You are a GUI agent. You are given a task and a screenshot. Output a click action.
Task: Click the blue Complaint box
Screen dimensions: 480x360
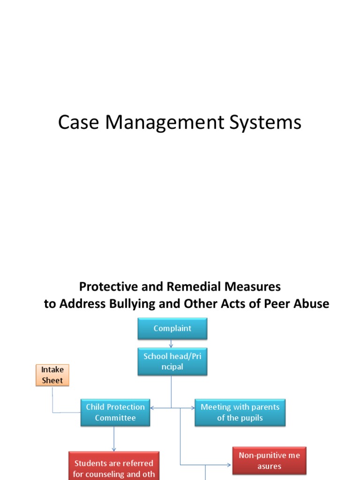(x=172, y=329)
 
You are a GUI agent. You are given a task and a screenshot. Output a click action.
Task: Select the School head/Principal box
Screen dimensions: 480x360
(x=172, y=362)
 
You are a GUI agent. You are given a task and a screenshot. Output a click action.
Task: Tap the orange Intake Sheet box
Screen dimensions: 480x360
(x=52, y=375)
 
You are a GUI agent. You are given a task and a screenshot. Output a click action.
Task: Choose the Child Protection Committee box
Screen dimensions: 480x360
(x=115, y=412)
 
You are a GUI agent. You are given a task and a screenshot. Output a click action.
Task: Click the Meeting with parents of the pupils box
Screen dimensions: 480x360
(x=240, y=412)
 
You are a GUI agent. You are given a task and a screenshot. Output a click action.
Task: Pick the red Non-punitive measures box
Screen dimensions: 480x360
(x=269, y=460)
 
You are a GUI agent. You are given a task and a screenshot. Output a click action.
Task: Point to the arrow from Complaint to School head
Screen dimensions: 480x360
(x=172, y=344)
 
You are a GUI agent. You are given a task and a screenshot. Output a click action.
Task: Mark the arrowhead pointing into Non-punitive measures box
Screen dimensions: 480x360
(x=229, y=465)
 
